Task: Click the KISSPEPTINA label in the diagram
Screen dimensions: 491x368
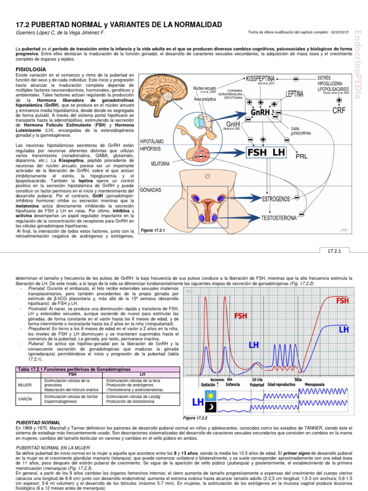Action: (x=267, y=78)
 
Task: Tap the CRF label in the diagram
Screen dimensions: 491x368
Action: (x=339, y=110)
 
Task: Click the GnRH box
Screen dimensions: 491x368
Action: (x=263, y=112)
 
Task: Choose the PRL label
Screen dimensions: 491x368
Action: (x=301, y=156)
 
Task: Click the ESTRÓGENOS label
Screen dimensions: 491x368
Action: (x=277, y=198)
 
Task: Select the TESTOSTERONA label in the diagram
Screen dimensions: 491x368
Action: (x=279, y=218)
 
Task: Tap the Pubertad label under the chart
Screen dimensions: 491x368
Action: (x=257, y=385)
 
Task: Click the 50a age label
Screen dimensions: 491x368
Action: (x=298, y=379)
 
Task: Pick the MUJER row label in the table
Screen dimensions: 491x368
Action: (x=24, y=389)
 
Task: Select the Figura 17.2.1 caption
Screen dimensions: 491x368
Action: (x=152, y=231)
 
